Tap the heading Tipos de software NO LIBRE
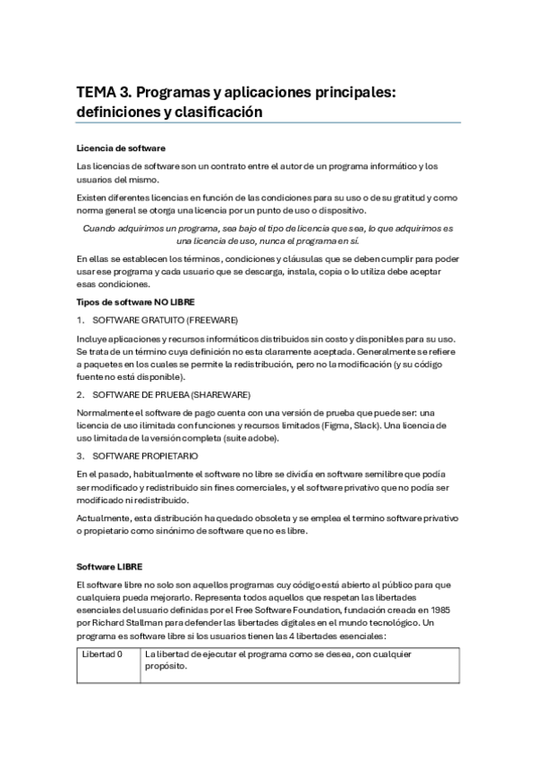[x=129, y=302]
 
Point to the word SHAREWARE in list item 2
[x=221, y=394]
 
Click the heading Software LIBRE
[x=109, y=567]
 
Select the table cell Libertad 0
[x=102, y=655]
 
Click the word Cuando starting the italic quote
[x=99, y=228]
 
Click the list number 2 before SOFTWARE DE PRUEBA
[x=80, y=394]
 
